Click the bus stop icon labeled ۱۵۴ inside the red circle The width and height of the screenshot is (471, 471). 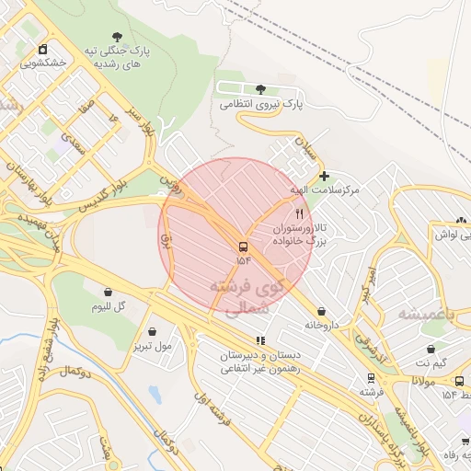pos(243,247)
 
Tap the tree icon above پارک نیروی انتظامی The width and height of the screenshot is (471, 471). pos(261,89)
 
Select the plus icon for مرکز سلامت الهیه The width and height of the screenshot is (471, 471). pos(324,175)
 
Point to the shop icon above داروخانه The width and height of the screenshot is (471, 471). pos(321,312)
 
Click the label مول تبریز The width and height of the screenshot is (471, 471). pos(151,346)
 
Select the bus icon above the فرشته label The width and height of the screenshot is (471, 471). pos(371,377)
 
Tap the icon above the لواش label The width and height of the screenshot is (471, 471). pos(461,221)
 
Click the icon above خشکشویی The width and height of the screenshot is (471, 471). pos(42,49)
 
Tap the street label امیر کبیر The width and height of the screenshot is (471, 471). pos(369,281)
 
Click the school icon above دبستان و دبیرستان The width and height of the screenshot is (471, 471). pos(259,340)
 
